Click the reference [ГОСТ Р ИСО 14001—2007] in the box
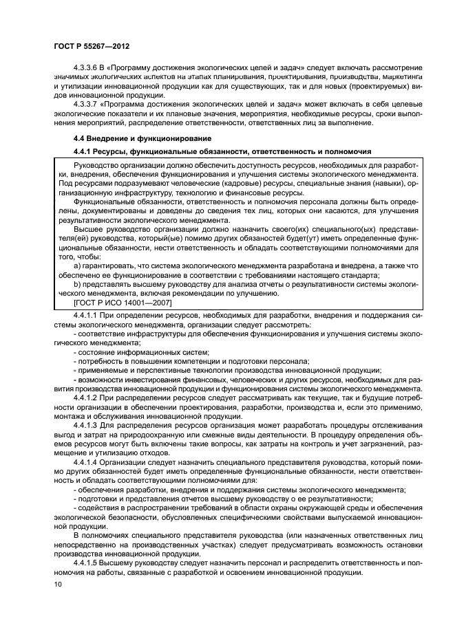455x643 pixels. pos(123,303)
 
